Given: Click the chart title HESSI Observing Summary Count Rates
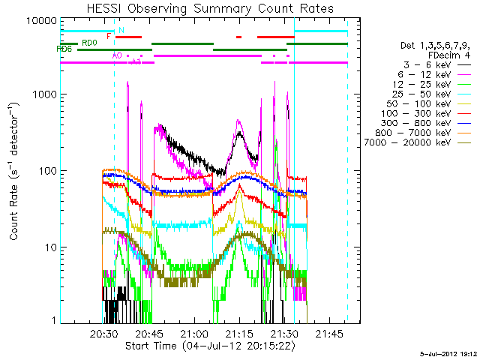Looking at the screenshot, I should pos(209,8).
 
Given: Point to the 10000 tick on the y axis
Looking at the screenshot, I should pos(43,20).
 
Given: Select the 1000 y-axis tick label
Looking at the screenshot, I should pos(46,95).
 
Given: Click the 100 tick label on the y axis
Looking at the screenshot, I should pos(48,171).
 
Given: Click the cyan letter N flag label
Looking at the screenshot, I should pos(121,30).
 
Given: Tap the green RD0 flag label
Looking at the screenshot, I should pos(89,43).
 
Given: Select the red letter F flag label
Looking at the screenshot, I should pos(109,35).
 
